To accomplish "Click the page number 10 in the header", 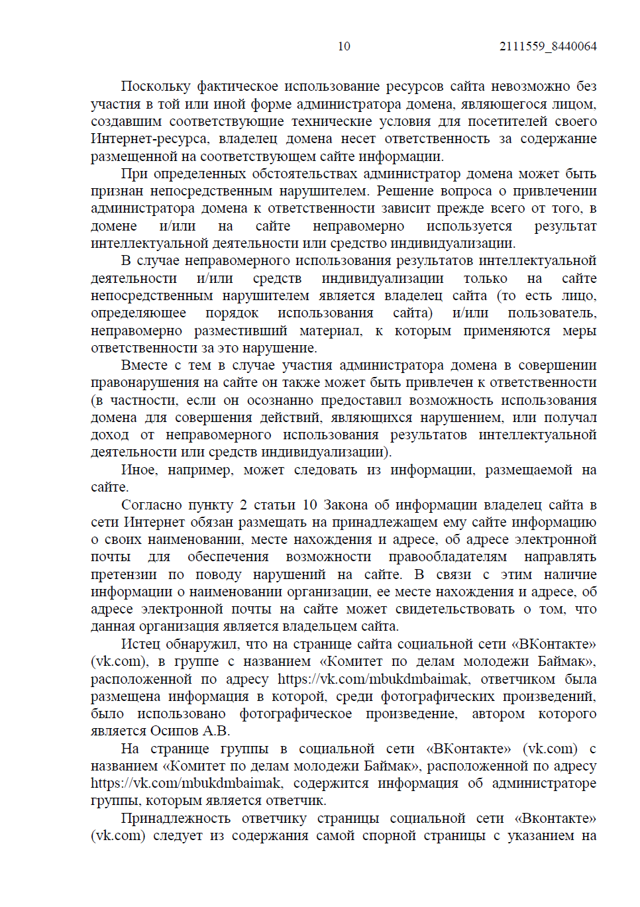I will (x=344, y=46).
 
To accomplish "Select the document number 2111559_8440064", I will (x=548, y=46).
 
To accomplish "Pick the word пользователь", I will (x=552, y=313).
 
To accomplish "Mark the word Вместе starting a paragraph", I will (x=144, y=366).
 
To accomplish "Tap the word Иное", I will (x=140, y=470).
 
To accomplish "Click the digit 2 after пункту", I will (x=243, y=506).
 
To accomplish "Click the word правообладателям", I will (x=448, y=558).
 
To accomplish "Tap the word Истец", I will (x=140, y=645).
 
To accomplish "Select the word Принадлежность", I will (x=176, y=819).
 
